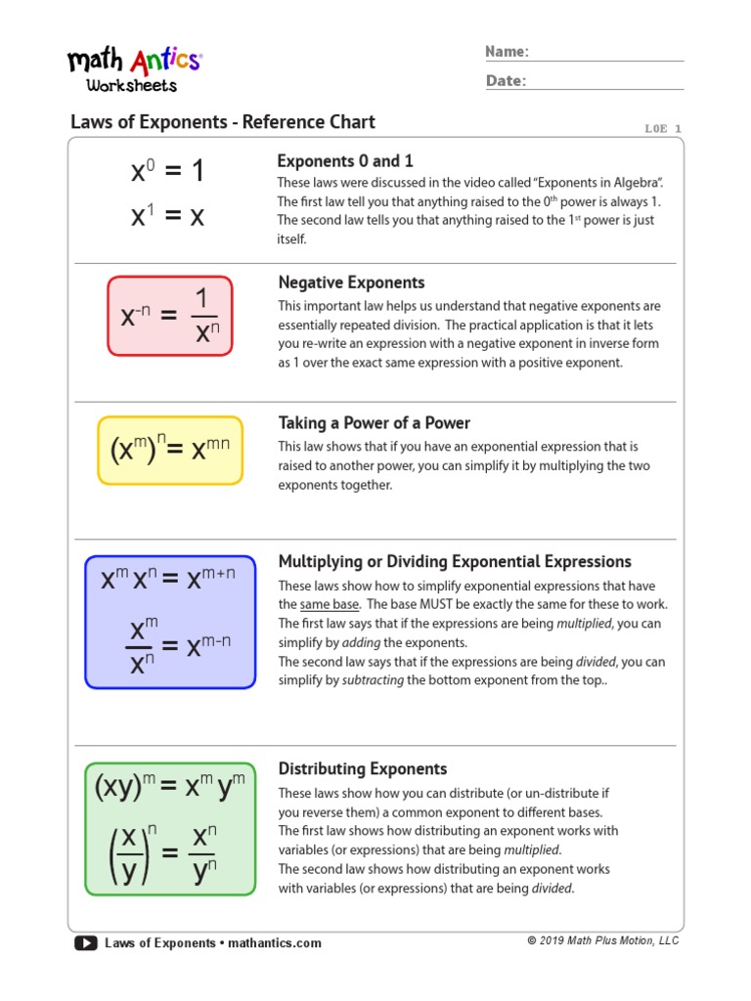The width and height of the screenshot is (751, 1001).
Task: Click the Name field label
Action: click(x=508, y=52)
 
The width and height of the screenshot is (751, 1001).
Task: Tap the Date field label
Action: click(x=506, y=81)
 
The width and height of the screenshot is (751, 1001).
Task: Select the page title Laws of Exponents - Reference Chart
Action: click(x=223, y=122)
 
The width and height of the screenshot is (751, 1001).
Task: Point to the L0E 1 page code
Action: click(x=663, y=128)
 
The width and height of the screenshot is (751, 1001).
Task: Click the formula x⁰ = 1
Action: click(x=168, y=172)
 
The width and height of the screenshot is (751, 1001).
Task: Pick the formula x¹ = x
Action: click(x=168, y=215)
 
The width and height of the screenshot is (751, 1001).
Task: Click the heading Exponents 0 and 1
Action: click(x=345, y=161)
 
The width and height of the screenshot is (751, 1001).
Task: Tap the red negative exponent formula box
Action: click(x=170, y=315)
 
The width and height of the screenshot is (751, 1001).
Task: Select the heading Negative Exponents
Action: click(x=351, y=283)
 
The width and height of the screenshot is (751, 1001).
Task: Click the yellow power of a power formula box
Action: click(x=170, y=451)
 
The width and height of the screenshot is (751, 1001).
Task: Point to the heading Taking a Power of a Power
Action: click(x=374, y=423)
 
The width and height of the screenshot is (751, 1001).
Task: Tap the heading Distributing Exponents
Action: click(x=363, y=768)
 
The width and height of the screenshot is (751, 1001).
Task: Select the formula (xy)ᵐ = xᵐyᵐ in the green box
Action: click(x=169, y=787)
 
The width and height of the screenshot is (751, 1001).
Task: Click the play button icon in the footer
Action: click(x=85, y=943)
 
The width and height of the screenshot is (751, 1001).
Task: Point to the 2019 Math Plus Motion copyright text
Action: click(x=602, y=940)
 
